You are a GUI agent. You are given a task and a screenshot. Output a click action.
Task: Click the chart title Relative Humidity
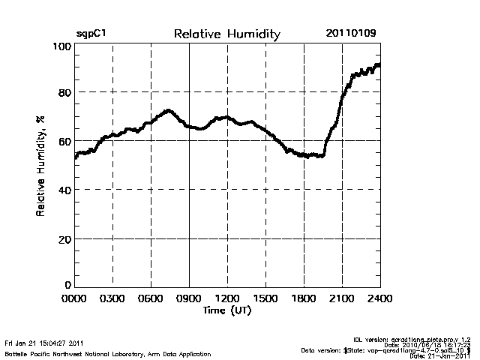point(226,34)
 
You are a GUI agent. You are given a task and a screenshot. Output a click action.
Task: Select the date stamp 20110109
point(351,34)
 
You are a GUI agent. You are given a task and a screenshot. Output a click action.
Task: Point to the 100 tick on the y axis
point(62,46)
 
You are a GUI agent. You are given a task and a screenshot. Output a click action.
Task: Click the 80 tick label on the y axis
point(64,92)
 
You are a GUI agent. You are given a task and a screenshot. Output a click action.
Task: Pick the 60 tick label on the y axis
point(64,141)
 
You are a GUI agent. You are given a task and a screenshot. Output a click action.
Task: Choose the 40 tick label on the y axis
point(64,190)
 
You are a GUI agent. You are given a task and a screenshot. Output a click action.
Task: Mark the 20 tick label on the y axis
point(64,238)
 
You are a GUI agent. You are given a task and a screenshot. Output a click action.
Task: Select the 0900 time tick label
point(189,299)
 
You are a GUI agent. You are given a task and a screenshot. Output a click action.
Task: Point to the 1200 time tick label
point(227,299)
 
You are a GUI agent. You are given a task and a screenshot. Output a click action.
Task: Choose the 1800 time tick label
point(304,299)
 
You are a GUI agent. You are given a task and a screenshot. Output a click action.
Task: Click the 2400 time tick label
point(379,299)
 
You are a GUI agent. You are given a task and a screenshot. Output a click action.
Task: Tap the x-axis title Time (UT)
point(226,310)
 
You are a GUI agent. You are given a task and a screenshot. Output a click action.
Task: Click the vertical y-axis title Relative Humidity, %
point(40,166)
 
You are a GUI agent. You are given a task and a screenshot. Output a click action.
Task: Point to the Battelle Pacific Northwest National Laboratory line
point(108,353)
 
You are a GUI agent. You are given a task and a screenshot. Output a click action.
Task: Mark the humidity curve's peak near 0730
point(169,111)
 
